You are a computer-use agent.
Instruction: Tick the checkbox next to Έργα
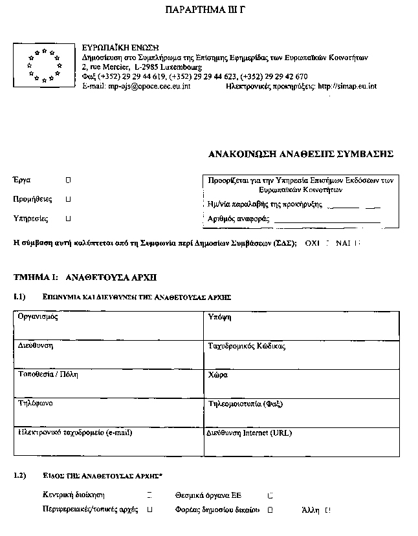69,180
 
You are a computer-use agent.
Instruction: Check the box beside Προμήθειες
69,200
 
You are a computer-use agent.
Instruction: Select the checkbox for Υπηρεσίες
69,219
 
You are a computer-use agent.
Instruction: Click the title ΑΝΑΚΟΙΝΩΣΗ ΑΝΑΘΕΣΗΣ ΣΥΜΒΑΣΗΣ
300,155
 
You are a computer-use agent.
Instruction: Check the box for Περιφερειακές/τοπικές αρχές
149,509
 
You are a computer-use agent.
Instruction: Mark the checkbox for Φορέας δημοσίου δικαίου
270,509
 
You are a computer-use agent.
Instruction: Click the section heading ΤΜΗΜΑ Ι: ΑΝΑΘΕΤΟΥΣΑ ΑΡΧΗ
85,277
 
